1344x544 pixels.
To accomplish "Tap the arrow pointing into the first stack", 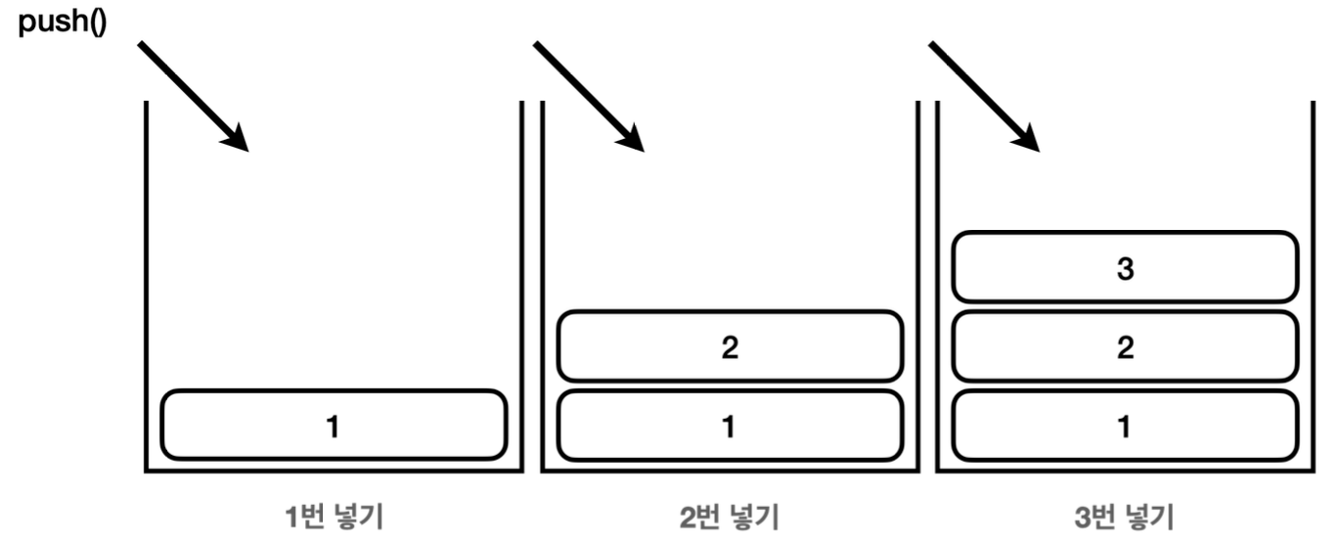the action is [x=192, y=96].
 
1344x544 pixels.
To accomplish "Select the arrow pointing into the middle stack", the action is [x=588, y=96].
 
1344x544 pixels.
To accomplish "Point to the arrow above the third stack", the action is [x=983, y=96].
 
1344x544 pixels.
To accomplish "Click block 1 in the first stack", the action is [x=334, y=425].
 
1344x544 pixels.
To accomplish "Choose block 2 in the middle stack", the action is [x=729, y=345].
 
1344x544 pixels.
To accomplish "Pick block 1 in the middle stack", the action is [x=729, y=425].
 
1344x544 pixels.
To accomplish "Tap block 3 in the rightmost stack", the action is [x=1125, y=266].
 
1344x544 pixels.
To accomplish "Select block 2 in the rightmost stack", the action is [x=1125, y=345].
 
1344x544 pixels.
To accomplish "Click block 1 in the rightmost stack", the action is [x=1125, y=425].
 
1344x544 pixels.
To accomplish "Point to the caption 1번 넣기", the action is [x=334, y=515].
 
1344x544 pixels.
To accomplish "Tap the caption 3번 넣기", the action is [x=1125, y=515].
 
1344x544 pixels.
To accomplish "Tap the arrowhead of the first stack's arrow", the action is [x=236, y=140].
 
